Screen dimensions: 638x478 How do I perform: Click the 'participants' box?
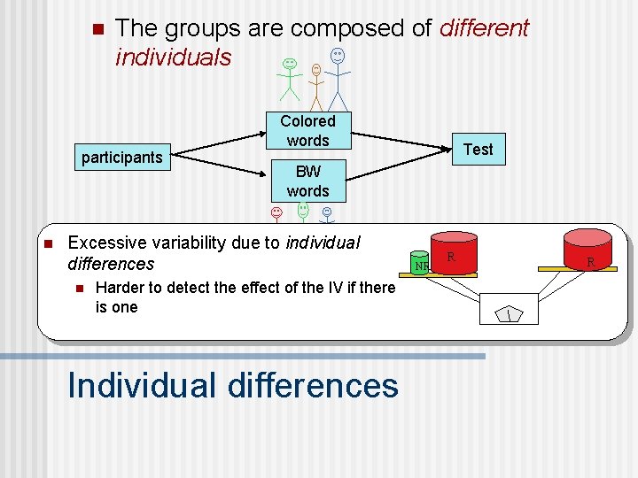122,158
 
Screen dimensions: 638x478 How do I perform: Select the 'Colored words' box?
307,130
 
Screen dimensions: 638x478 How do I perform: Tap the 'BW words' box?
307,181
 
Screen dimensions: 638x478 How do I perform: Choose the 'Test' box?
478,149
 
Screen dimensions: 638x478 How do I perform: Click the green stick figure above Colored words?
290,78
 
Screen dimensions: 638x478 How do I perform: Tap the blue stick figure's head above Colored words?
338,55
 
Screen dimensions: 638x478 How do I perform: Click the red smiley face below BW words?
276,213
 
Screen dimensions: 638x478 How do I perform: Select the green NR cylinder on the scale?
421,264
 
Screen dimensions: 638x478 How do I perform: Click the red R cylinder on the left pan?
453,254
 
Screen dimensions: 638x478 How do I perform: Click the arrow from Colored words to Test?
402,140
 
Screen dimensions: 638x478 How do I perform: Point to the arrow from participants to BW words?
222,169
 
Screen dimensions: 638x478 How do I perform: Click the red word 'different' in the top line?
483,28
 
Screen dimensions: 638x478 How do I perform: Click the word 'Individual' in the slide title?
141,386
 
